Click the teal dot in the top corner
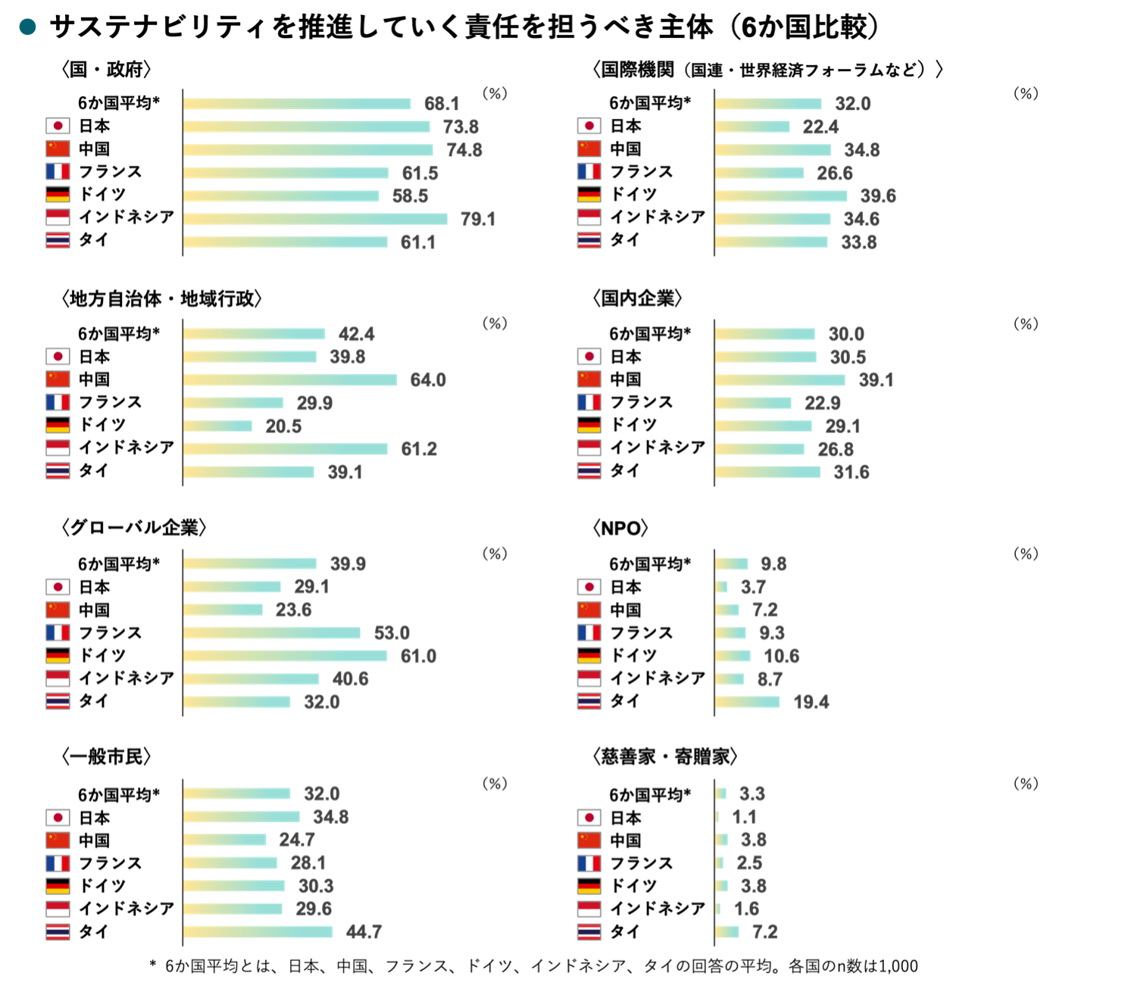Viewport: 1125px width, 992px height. (28, 27)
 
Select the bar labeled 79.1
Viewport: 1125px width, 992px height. (315, 220)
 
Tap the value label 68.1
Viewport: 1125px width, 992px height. (442, 104)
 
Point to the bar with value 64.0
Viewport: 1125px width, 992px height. (290, 380)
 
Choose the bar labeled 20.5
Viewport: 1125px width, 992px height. (218, 426)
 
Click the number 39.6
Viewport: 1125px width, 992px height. (878, 196)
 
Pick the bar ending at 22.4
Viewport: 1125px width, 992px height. (752, 127)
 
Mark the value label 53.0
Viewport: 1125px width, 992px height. (392, 633)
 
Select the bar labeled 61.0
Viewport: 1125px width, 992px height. (286, 656)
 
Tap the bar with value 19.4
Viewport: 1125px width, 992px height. (748, 702)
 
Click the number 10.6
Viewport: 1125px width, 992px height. (782, 656)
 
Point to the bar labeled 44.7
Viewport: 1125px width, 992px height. (258, 931)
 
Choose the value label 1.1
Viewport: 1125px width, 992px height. (744, 816)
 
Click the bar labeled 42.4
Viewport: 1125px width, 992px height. (255, 334)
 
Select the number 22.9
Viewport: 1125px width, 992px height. (823, 403)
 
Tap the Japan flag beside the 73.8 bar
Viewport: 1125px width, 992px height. (58, 126)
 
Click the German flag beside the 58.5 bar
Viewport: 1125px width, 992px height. (58, 195)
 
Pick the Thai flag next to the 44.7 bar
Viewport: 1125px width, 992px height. (58, 931)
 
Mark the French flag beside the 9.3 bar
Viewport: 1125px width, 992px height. (589, 632)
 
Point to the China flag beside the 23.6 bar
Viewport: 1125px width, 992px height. (58, 610)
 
